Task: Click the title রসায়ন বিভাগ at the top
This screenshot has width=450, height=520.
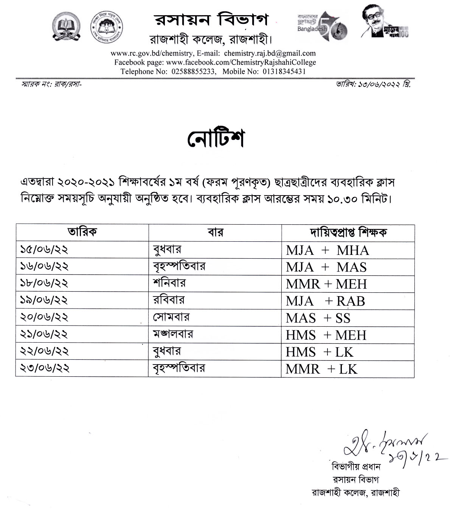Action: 211,20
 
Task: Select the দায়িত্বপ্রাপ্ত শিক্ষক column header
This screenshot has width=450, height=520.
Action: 348,232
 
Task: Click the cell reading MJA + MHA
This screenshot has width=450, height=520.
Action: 327,250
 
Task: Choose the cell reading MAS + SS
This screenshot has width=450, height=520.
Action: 318,318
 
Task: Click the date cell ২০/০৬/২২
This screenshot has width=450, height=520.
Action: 44,317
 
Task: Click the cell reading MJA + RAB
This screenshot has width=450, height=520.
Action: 325,301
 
